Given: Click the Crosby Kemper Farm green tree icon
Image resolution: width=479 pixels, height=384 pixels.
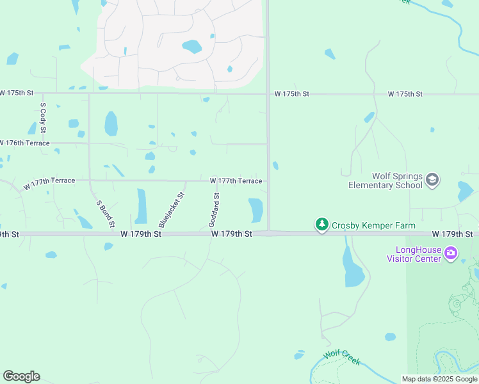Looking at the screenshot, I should (x=321, y=225).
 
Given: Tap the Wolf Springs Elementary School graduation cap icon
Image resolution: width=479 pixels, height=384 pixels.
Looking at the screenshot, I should (x=432, y=180).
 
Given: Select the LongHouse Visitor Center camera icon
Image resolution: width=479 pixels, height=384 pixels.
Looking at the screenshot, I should (x=451, y=253).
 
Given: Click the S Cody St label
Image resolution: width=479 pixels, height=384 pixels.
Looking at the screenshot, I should (x=43, y=117).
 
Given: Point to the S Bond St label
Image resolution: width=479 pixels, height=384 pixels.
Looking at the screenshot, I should (x=104, y=214).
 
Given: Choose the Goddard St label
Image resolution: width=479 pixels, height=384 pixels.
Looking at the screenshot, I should (x=215, y=209).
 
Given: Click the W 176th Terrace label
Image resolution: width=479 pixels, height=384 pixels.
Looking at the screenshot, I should (x=26, y=143).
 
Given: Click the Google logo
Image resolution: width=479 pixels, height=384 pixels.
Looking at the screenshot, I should (x=21, y=376).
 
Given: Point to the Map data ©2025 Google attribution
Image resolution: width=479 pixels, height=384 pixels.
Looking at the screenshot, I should (x=439, y=380).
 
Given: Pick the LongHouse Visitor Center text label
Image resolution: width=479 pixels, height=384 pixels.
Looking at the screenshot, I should (x=414, y=254).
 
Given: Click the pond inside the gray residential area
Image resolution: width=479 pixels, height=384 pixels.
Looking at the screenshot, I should (x=191, y=47).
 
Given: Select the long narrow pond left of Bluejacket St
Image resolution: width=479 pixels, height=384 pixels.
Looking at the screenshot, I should (x=142, y=206).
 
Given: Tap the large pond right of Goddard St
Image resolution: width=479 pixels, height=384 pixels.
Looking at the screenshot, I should (x=256, y=210).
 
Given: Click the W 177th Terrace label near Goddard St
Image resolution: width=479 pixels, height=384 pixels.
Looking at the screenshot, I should (x=236, y=181).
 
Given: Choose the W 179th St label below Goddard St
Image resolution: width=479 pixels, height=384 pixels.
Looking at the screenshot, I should (x=232, y=235).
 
